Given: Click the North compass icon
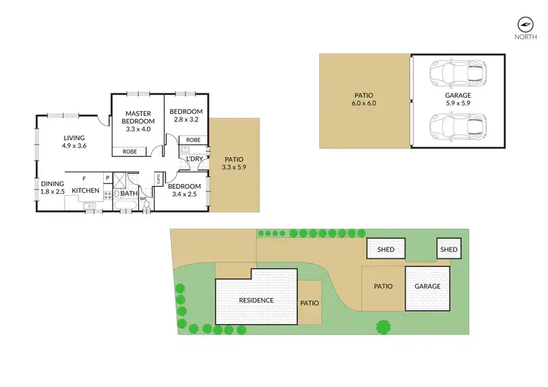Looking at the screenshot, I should [522, 23].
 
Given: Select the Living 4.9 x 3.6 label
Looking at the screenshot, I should [74, 142].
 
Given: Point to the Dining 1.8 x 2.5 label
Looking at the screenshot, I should [53, 188].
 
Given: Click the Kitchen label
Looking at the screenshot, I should [85, 191].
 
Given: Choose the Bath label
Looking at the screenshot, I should [129, 193].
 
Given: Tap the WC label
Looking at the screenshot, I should [144, 198].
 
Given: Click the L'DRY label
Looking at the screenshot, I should [194, 158].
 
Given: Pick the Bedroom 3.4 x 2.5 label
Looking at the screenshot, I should [186, 190].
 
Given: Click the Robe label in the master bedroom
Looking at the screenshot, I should [129, 152].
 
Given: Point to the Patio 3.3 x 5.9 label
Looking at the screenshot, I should [234, 164].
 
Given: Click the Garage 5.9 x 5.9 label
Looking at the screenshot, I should [458, 99].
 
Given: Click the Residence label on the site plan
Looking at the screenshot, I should [256, 300].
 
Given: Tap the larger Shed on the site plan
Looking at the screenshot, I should [386, 250].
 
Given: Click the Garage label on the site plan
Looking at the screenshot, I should [427, 286].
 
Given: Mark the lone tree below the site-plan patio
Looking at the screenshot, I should [381, 326].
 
